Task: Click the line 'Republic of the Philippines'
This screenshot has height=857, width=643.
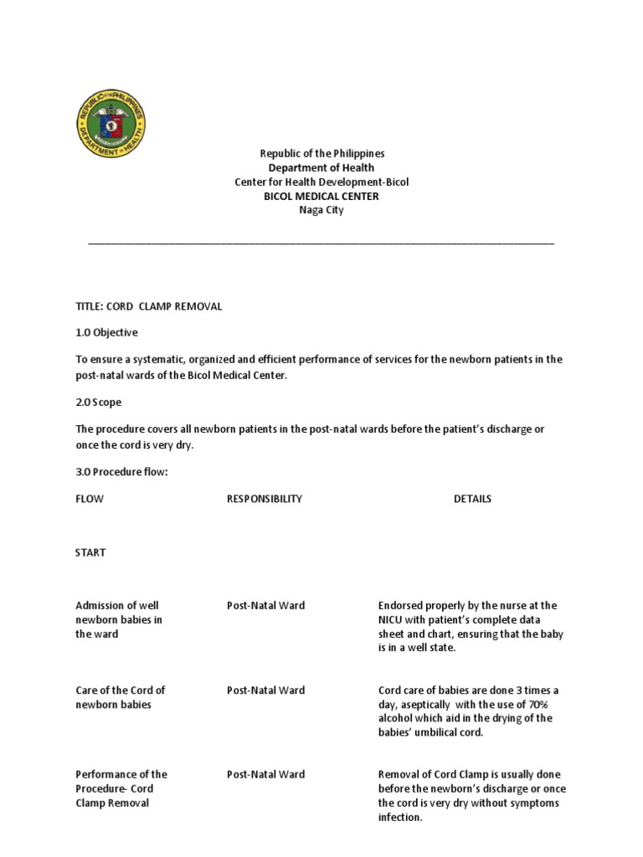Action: [x=321, y=154]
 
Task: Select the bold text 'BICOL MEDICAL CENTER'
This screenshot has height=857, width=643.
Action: [x=321, y=197]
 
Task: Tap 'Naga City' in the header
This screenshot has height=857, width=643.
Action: [x=321, y=211]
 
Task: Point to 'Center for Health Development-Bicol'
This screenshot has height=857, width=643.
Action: [x=321, y=182]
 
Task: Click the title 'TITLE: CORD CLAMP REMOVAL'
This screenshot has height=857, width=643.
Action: [x=149, y=306]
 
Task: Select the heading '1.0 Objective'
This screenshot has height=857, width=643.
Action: [x=106, y=332]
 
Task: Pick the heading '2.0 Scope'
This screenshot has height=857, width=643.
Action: [x=98, y=403]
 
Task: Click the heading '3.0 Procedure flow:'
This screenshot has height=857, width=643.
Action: [x=122, y=472]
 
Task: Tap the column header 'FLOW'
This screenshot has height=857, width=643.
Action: [x=90, y=499]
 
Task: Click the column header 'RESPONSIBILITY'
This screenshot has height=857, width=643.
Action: [x=265, y=499]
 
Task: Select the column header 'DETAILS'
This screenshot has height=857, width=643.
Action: [x=472, y=499]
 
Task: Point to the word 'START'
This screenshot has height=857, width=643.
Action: [x=90, y=553]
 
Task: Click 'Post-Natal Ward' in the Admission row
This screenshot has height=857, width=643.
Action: [x=265, y=606]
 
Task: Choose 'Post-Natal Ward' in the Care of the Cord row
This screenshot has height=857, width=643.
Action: [x=265, y=690]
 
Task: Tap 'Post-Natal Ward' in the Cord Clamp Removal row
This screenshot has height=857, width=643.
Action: [x=265, y=774]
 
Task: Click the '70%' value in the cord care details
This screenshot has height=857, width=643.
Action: [x=548, y=705]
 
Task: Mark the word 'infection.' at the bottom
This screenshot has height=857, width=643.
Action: [x=400, y=818]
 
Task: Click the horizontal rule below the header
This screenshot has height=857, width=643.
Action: [x=321, y=244]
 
